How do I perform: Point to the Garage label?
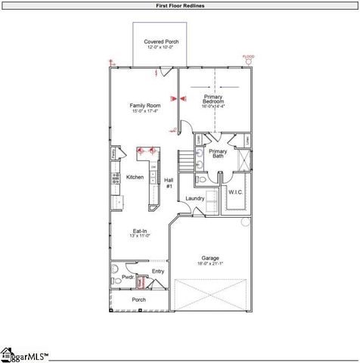(209, 258)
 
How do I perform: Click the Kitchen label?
(135, 177)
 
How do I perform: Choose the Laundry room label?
(194, 198)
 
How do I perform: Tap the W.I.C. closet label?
(235, 192)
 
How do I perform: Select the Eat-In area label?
(140, 231)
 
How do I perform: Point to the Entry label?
(157, 271)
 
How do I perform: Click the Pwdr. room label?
(128, 278)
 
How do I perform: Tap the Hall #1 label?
(169, 182)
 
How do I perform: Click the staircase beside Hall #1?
(185, 161)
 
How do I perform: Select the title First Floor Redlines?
(179, 5)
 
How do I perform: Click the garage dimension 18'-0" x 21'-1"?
(209, 265)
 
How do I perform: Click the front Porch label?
(138, 299)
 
